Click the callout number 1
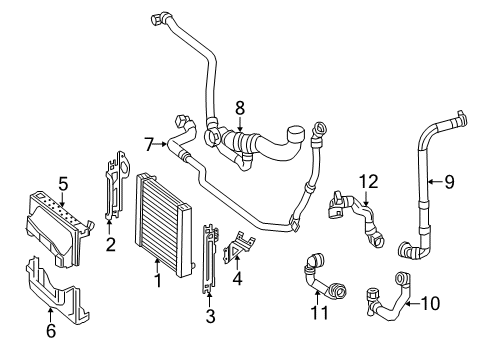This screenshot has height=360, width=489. (x=158, y=281)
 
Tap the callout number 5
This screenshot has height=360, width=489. (x=63, y=184)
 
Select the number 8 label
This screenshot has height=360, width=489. (x=240, y=108)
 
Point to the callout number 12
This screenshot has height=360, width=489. (x=369, y=182)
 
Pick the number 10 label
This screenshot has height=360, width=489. (x=430, y=303)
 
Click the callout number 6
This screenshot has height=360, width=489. (x=51, y=330)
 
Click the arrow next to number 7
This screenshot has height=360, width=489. (x=161, y=144)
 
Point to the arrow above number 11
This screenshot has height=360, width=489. (x=318, y=298)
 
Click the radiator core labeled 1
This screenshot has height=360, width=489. (x=164, y=225)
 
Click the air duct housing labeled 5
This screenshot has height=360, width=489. (x=57, y=228)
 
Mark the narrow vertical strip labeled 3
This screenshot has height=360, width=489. (x=209, y=258)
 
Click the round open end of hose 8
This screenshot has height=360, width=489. (x=296, y=133)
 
